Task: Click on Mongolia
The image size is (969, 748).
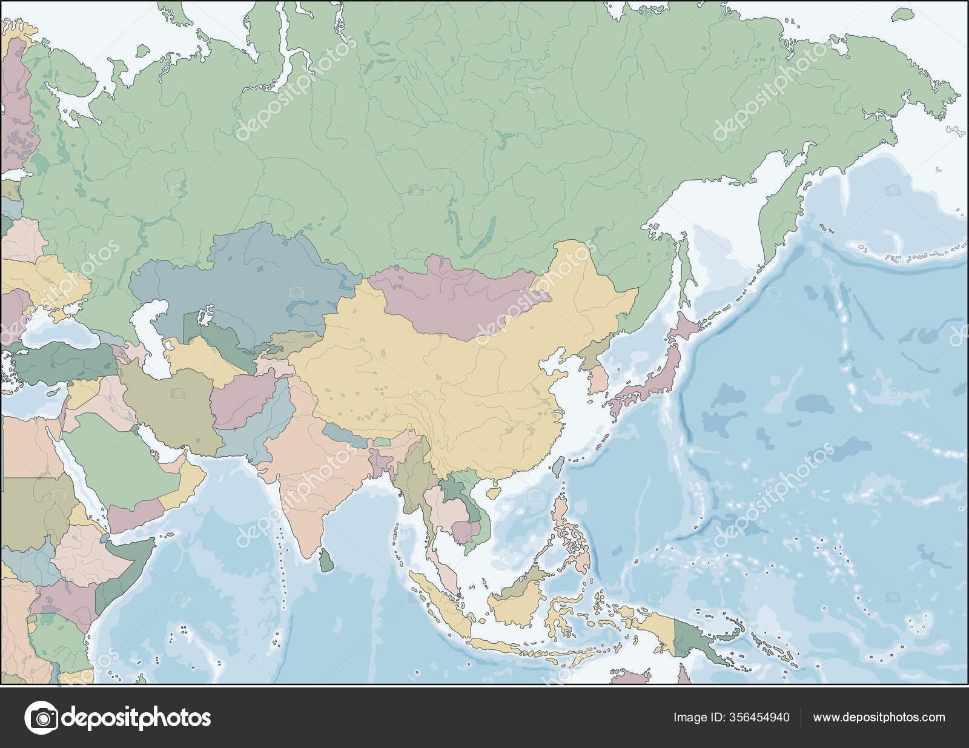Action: [460, 297]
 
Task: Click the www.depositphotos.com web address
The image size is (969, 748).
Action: [879, 718]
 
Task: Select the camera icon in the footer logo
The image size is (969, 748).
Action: [41, 718]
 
